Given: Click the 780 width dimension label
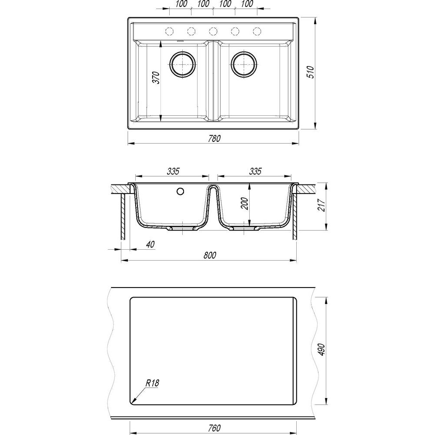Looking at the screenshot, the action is (214, 138).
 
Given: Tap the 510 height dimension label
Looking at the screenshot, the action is (311, 72).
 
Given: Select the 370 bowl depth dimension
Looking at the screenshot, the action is (157, 78).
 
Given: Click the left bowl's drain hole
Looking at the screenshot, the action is (183, 64).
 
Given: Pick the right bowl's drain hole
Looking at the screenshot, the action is (244, 64).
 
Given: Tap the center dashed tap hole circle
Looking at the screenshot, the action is (213, 31).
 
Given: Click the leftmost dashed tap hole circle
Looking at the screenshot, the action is (169, 31).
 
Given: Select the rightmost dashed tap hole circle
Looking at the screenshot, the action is (257, 31).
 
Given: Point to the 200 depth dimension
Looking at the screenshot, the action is (244, 203).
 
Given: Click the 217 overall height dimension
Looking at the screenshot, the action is (321, 205).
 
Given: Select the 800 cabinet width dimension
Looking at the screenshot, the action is (210, 255).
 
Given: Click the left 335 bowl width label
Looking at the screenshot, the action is (173, 171).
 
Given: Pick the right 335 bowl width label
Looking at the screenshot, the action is (255, 171).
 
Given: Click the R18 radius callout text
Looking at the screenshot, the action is (152, 383).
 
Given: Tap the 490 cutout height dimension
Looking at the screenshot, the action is (321, 350).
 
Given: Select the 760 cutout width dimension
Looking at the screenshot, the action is (214, 428).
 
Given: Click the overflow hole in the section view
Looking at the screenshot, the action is (181, 191).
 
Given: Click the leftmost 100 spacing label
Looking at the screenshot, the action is (181, 4).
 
